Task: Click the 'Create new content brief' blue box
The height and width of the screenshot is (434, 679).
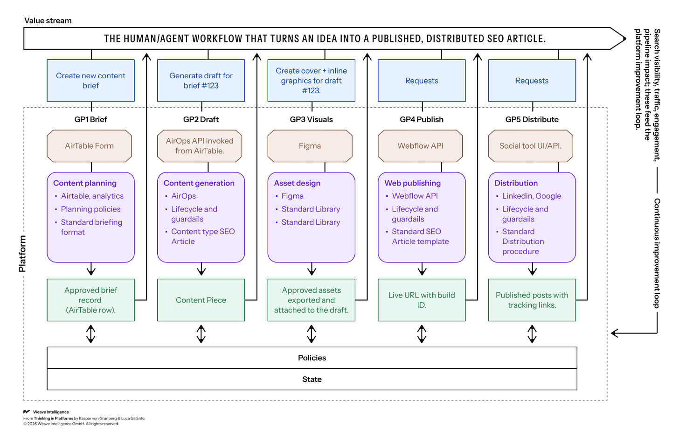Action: (x=90, y=81)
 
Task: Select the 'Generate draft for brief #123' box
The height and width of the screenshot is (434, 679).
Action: (x=201, y=81)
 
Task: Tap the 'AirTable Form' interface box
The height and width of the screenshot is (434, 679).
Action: (x=90, y=146)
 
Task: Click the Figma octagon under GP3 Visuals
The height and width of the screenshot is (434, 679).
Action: (x=310, y=146)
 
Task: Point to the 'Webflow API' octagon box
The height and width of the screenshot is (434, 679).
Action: (x=420, y=146)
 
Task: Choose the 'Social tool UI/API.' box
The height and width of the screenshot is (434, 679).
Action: (x=531, y=146)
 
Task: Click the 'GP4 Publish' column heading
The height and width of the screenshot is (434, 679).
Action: (x=422, y=119)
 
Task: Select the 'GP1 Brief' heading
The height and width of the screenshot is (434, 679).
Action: (x=90, y=119)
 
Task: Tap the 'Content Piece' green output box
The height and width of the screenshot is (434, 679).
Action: (x=201, y=300)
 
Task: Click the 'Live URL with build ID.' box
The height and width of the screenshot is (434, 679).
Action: (x=422, y=300)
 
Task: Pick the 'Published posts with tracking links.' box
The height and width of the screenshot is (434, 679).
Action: (x=532, y=300)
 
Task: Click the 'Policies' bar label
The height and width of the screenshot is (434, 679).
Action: (x=312, y=358)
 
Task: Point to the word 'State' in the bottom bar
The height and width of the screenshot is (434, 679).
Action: (x=312, y=379)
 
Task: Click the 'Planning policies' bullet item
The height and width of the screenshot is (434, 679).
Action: (x=90, y=209)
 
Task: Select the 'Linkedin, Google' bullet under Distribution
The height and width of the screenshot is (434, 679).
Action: (x=531, y=196)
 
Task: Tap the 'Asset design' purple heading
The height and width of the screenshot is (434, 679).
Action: (x=297, y=183)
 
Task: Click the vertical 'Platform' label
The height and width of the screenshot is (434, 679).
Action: (x=22, y=254)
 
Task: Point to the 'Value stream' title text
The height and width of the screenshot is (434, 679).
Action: (x=48, y=21)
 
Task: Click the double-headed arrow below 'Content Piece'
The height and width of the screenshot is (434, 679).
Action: (x=201, y=334)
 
